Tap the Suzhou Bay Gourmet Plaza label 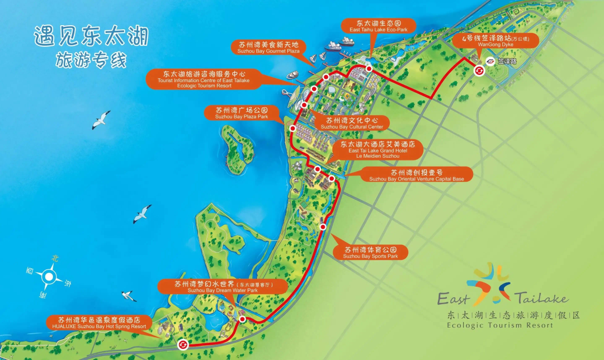[268, 47]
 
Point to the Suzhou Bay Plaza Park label [241, 113]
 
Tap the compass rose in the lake [49, 276]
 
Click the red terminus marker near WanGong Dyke [479, 70]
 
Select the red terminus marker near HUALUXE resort [183, 345]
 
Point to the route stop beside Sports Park [323, 226]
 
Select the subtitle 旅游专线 [91, 60]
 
